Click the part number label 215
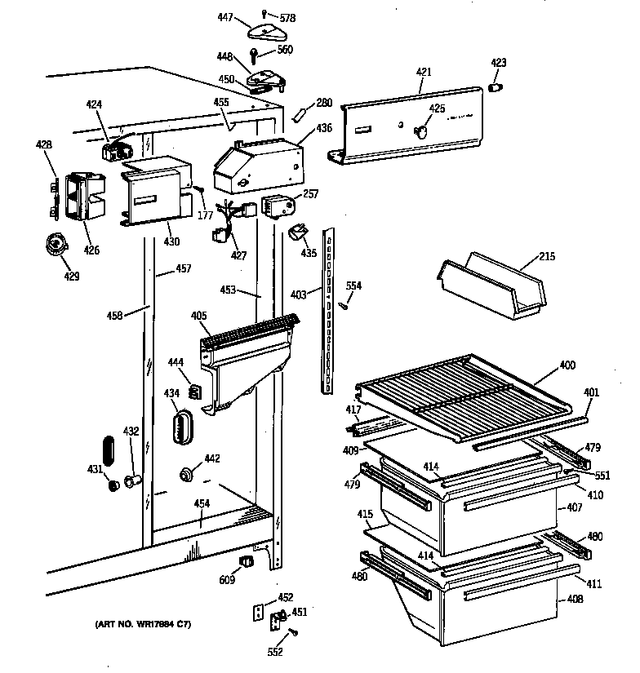coord(546,258)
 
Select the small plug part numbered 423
coord(496,86)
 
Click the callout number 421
coord(424,73)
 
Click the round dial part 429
coord(56,244)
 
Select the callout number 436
coord(324,127)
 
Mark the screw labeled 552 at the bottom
coord(294,631)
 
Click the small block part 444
coord(195,392)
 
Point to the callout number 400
coord(566,368)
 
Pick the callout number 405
coord(198,317)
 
